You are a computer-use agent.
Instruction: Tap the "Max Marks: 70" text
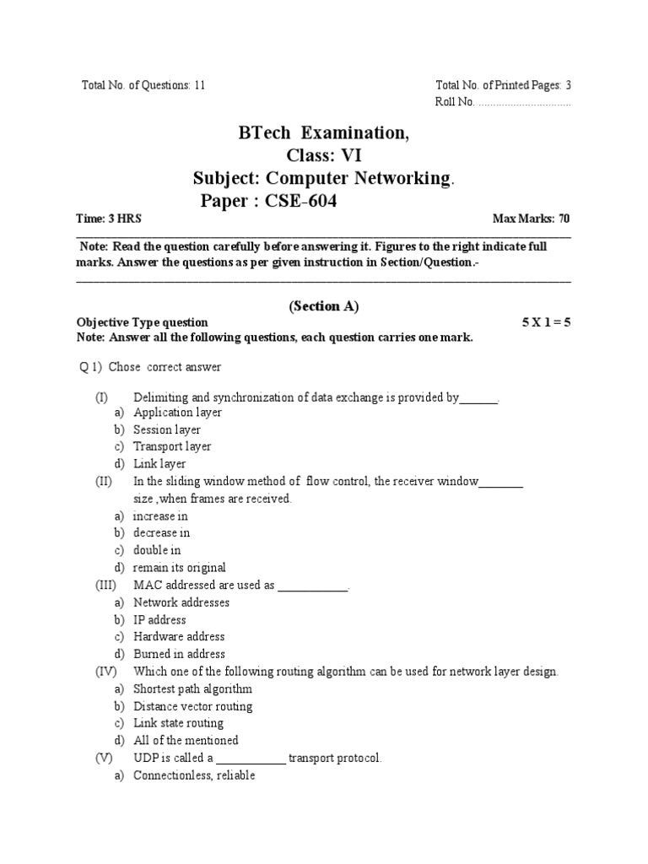click(532, 219)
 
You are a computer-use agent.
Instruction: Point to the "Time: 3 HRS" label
click(109, 219)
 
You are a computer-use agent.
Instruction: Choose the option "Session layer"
click(167, 429)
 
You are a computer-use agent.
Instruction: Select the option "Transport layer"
click(172, 446)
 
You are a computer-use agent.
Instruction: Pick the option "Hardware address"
click(179, 636)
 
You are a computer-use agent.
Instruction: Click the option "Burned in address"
click(179, 654)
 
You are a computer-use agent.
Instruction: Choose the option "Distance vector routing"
click(192, 706)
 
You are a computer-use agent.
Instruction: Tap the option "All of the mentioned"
click(186, 740)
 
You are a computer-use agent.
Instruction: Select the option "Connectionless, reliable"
click(193, 775)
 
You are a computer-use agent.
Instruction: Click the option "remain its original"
click(180, 568)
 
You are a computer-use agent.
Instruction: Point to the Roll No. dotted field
click(524, 102)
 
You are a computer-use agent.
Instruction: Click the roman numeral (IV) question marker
click(105, 672)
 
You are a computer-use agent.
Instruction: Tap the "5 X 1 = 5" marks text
click(547, 322)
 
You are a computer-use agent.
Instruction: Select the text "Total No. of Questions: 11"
click(143, 85)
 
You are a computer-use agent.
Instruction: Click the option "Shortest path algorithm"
click(192, 689)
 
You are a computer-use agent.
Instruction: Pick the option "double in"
click(157, 550)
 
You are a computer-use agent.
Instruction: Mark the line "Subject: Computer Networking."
click(323, 178)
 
